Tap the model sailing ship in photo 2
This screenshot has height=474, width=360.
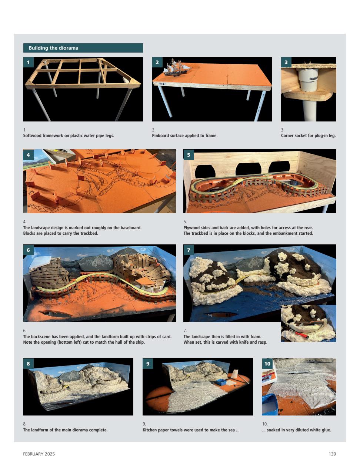point(177,68)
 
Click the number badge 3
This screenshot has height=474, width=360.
point(286,62)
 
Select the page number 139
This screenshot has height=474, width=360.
point(332,454)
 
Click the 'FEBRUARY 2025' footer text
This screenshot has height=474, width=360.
point(39,454)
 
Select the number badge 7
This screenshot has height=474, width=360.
point(189,250)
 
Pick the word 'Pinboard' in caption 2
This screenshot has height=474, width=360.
point(160,136)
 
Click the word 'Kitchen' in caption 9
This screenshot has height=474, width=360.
point(150,430)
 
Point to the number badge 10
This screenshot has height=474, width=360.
point(267,364)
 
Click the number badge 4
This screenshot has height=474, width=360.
point(28,155)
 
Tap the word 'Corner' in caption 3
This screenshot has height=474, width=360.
point(288,136)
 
